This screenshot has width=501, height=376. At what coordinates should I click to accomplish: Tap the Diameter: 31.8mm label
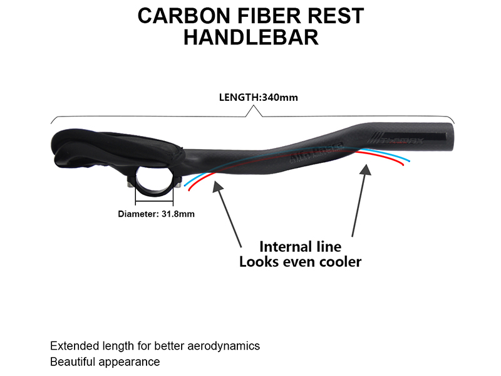[156, 214]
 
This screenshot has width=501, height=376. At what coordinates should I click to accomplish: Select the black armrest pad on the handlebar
[113, 145]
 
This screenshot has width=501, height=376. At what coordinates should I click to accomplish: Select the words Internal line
[300, 246]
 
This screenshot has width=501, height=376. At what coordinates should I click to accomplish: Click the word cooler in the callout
[338, 261]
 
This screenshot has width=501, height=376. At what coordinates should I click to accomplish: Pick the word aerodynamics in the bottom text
[222, 346]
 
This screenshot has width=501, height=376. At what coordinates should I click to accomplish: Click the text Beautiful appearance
[105, 362]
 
